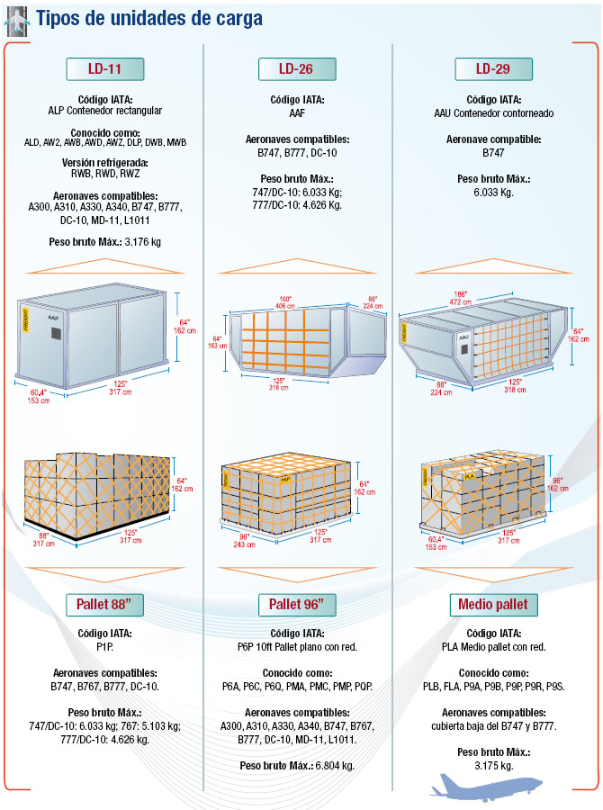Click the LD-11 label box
click(x=105, y=68)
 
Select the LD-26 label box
click(x=297, y=68)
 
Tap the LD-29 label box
click(x=493, y=68)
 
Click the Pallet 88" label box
click(x=104, y=605)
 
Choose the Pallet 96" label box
click(x=297, y=605)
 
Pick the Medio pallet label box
click(x=493, y=605)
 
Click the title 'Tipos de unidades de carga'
click(x=149, y=19)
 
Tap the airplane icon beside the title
click(x=16, y=22)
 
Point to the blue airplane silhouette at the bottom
click(x=486, y=787)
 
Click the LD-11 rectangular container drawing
click(x=93, y=337)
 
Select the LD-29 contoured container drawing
click(x=483, y=340)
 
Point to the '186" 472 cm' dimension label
click(x=460, y=298)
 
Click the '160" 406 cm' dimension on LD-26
click(x=285, y=302)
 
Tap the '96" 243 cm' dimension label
click(x=244, y=540)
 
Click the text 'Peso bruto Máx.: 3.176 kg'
click(x=105, y=242)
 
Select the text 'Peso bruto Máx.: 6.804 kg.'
click(x=297, y=766)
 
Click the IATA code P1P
click(x=105, y=647)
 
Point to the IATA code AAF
click(x=297, y=113)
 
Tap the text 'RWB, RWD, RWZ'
click(x=105, y=174)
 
